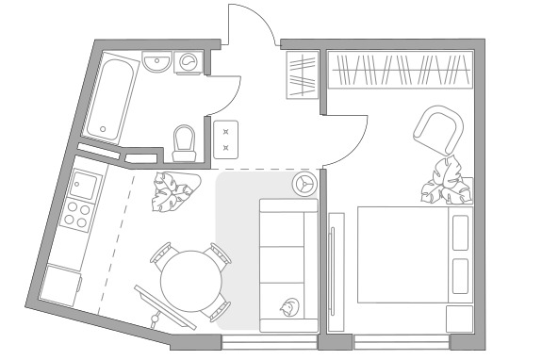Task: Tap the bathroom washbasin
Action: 156,63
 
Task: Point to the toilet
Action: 185,141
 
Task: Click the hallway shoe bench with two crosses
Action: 226,139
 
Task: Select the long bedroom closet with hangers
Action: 400,71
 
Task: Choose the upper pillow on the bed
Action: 460,233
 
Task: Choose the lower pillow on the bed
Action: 460,276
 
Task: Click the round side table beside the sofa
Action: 303,183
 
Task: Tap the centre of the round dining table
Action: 191,280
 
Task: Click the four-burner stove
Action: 74,214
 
